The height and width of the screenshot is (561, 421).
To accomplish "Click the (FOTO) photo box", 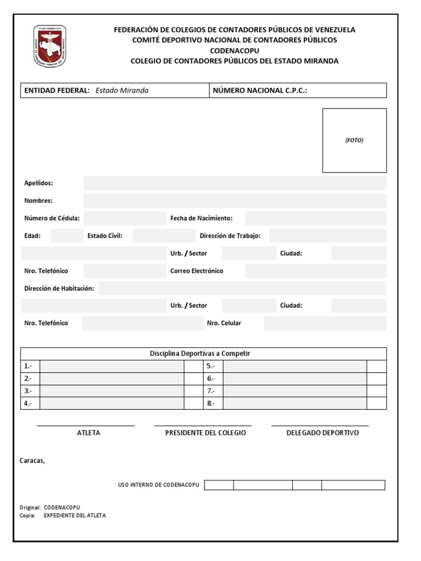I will [x=354, y=140].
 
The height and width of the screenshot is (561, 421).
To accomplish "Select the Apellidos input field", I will [x=235, y=183].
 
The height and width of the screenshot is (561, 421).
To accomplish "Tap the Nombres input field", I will [x=235, y=201].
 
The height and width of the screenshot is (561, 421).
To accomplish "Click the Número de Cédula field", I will [x=124, y=218].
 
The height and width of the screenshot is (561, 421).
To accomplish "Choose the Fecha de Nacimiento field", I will [x=315, y=218].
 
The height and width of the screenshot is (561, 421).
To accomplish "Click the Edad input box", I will [x=67, y=236].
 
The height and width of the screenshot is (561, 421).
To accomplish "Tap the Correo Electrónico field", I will [x=315, y=271].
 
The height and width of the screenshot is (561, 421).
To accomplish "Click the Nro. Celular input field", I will [x=325, y=323].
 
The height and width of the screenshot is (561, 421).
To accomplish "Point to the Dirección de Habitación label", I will [x=59, y=288].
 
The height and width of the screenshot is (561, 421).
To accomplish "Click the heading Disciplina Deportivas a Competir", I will [x=200, y=353].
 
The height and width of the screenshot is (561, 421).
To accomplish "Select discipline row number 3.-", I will [x=112, y=391].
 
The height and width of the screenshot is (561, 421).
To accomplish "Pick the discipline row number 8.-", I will [x=294, y=403].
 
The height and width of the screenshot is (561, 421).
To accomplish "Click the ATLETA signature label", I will [x=89, y=433].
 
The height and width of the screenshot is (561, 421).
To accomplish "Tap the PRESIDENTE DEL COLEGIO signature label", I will [x=206, y=433].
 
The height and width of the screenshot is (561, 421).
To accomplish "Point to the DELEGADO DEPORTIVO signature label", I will [x=322, y=433].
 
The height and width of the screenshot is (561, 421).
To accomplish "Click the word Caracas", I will [x=32, y=461].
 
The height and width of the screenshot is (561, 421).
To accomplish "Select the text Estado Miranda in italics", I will [x=122, y=90].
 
